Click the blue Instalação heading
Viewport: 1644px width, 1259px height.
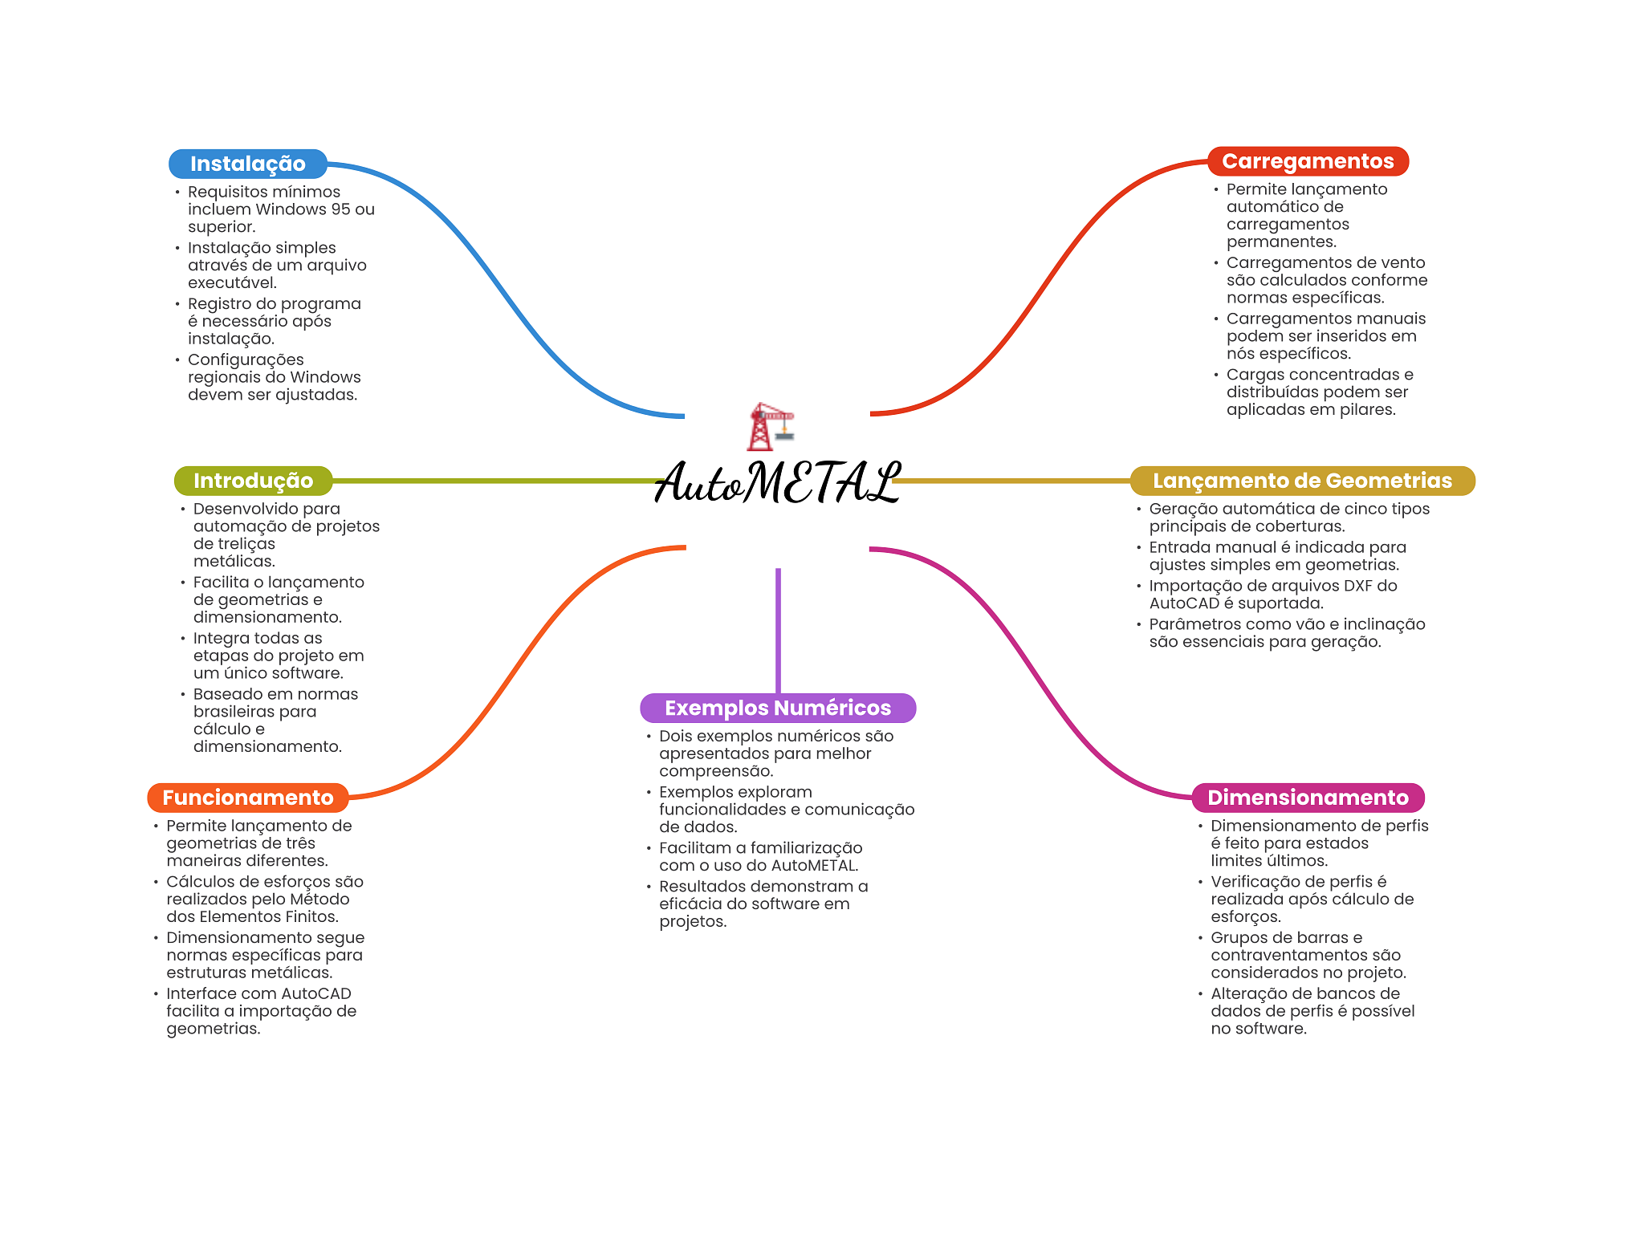pyautogui.click(x=247, y=164)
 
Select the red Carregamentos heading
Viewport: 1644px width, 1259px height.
pyautogui.click(x=1308, y=161)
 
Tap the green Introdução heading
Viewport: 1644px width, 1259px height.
pyautogui.click(x=253, y=481)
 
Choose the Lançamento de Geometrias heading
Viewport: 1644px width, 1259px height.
pyautogui.click(x=1302, y=481)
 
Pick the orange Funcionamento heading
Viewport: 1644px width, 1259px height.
pyautogui.click(x=247, y=798)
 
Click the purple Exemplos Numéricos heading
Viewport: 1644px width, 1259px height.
pyautogui.click(x=777, y=708)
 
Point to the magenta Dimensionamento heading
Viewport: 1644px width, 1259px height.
pyautogui.click(x=1308, y=798)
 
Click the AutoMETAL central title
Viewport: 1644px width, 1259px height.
pyautogui.click(x=777, y=483)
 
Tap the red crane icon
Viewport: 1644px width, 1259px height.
pyautogui.click(x=769, y=426)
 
